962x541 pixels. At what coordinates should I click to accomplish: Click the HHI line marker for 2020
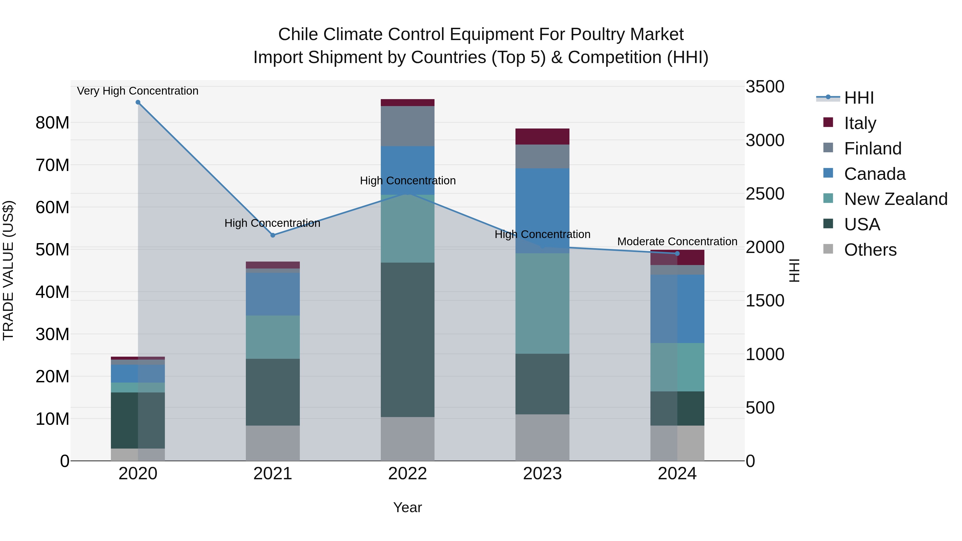[138, 102]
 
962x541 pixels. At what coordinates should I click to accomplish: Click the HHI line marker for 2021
[273, 235]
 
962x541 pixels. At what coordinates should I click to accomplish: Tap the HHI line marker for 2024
[677, 254]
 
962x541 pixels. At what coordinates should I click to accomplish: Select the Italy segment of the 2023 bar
[542, 137]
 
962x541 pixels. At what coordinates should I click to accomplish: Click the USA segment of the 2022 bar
[408, 340]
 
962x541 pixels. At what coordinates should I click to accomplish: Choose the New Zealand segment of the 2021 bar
[273, 337]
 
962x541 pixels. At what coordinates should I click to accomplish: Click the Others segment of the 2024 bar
[677, 443]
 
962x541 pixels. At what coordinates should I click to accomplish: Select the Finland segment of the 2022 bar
[408, 126]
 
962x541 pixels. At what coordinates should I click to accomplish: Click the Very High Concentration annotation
[138, 91]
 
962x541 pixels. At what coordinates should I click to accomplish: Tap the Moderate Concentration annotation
[677, 242]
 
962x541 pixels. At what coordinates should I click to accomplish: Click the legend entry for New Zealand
[895, 199]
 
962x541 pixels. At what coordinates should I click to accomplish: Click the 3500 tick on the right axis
[765, 87]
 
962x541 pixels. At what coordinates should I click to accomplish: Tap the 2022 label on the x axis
[408, 474]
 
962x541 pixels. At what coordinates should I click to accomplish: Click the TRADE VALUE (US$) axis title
[8, 270]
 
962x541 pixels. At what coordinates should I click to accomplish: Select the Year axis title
[408, 507]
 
